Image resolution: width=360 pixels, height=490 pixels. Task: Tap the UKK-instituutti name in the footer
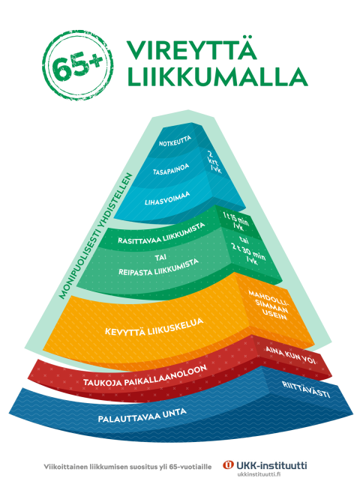click(271, 465)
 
